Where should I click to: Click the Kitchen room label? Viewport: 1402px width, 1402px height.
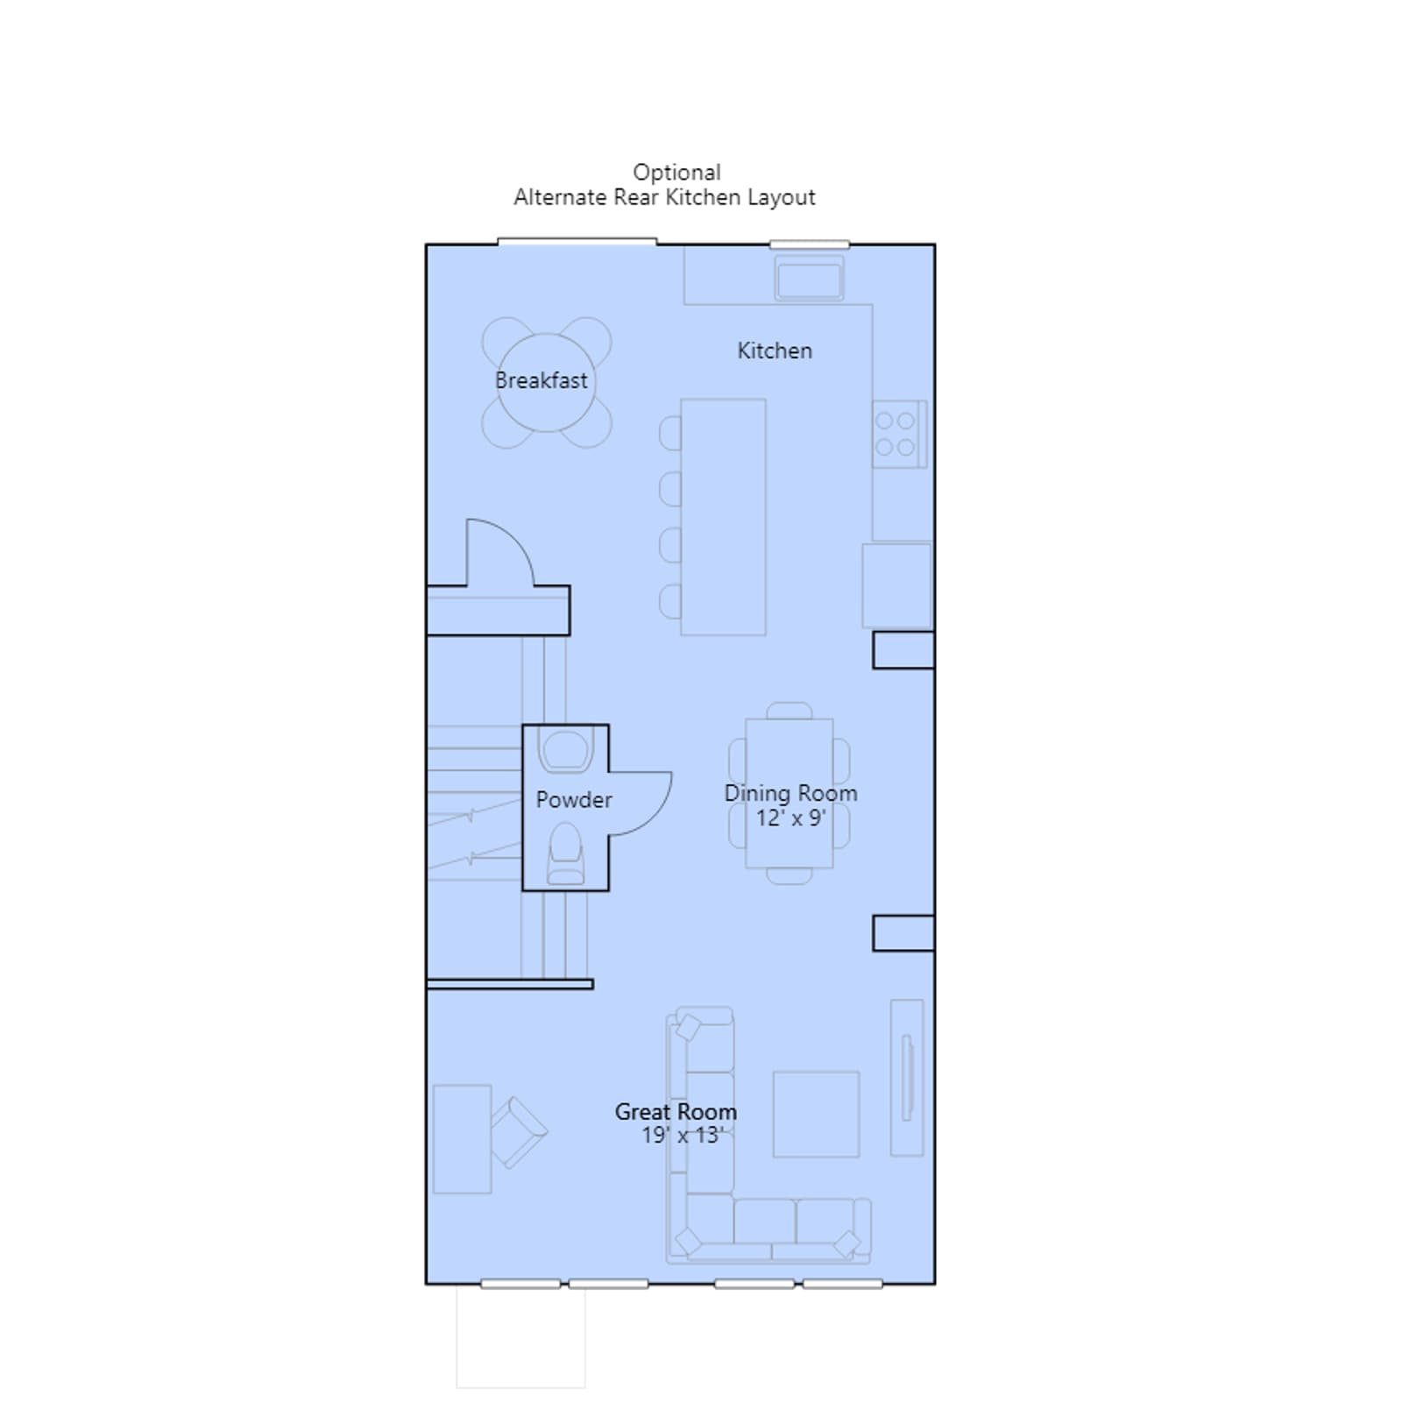point(775,350)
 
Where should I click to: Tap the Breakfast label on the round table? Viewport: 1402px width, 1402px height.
point(542,380)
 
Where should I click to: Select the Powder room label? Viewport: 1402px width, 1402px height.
point(574,799)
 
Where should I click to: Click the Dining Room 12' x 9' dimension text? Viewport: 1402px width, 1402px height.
point(790,818)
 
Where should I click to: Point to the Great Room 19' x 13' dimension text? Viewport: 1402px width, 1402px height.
point(681,1136)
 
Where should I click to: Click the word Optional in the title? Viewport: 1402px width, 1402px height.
point(677,172)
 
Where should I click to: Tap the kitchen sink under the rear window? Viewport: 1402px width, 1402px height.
point(810,280)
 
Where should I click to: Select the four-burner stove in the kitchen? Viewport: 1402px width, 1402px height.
point(899,434)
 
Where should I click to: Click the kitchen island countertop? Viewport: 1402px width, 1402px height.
point(723,517)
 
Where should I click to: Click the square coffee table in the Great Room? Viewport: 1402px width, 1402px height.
point(816,1114)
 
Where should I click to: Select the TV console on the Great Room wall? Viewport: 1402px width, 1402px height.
point(907,1078)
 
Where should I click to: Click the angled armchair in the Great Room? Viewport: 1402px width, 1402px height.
point(519,1132)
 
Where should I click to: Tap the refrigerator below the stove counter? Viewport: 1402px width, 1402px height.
point(896,585)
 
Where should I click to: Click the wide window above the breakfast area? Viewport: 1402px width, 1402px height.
point(577,241)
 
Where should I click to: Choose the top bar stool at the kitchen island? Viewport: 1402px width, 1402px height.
point(670,434)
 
